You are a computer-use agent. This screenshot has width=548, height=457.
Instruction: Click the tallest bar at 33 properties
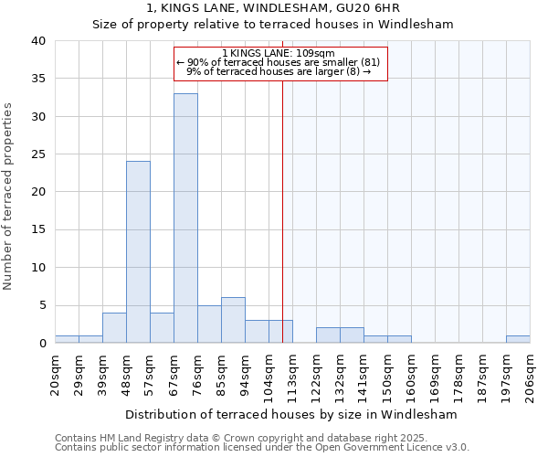click(185, 218)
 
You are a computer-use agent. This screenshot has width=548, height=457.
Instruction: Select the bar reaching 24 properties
click(138, 252)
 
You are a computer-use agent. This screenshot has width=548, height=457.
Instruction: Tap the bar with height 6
click(233, 320)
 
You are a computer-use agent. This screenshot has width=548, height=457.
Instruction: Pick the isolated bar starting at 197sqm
click(518, 339)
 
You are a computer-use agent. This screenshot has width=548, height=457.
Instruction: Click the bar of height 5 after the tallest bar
click(209, 324)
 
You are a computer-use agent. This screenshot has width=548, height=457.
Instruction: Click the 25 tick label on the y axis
click(37, 154)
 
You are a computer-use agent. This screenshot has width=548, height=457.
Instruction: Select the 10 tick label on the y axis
click(37, 268)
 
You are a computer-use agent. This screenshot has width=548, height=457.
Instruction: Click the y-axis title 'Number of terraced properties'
click(8, 196)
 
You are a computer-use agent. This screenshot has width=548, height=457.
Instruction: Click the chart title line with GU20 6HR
click(273, 8)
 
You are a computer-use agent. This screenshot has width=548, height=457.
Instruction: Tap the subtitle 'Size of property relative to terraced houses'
click(273, 25)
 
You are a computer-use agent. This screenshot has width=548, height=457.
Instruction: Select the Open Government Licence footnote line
click(262, 448)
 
